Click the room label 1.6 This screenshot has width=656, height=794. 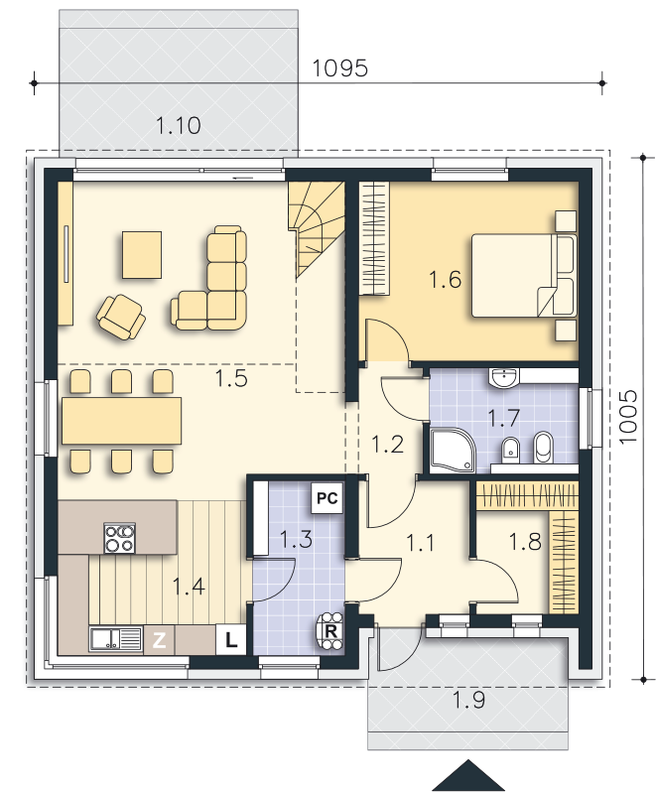446,280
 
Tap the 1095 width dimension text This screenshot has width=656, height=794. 340,68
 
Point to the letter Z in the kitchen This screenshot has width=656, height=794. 159,640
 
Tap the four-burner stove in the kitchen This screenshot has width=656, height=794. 120,538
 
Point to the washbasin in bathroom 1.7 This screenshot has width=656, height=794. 505,376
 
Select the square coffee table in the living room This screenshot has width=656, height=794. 142,254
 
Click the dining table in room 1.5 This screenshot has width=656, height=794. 122,420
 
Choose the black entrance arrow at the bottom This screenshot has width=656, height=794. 467,776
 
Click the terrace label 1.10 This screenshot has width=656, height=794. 179,125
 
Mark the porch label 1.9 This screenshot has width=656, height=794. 468,701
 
